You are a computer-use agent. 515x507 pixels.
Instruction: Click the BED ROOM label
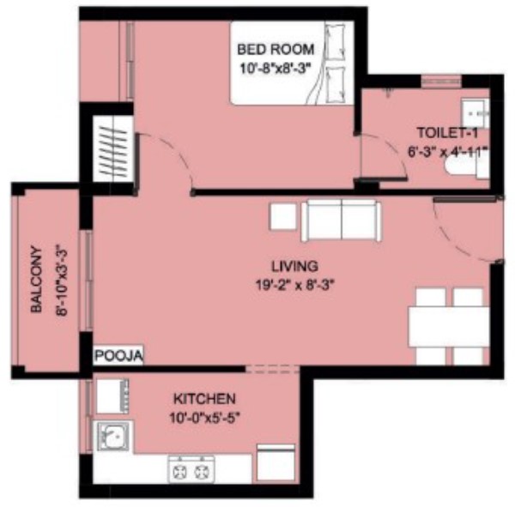coord(276,50)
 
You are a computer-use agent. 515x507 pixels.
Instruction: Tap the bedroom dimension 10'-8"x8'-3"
coord(276,69)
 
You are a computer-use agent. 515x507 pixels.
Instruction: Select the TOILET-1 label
coord(447,133)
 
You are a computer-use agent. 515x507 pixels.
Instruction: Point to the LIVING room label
coord(294,266)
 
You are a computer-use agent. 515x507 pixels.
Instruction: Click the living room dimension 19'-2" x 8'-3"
coord(294,285)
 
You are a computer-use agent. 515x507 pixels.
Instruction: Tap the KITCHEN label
coord(204,399)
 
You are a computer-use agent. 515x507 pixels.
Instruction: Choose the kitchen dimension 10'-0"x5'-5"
coord(205,418)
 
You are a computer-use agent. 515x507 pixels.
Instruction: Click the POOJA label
coord(118,355)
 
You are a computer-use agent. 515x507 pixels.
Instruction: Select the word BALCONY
coord(36,279)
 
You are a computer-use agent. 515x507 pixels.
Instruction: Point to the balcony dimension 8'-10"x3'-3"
coord(62,279)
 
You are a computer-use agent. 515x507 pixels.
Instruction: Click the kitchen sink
coord(113,437)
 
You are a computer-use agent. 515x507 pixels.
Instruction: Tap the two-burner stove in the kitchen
coord(191,469)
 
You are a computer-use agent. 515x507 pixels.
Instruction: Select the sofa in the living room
coord(341,221)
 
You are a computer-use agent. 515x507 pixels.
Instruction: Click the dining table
coord(449,326)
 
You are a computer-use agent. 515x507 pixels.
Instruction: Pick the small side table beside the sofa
coord(283,216)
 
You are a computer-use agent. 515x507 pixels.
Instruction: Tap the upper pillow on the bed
coord(335,42)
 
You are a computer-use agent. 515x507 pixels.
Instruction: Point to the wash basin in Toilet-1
coord(476,113)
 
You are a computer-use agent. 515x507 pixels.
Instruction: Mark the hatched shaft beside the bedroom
coord(113,148)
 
